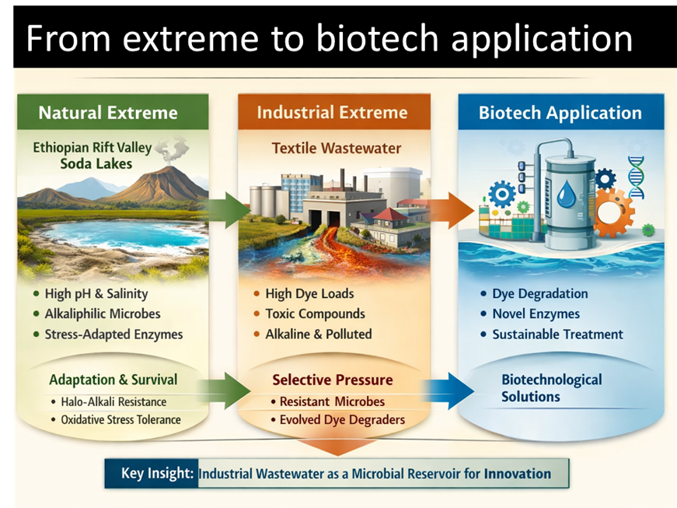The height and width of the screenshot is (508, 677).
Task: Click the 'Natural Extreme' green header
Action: [x=108, y=113]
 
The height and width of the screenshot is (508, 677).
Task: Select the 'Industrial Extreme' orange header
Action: [x=332, y=112]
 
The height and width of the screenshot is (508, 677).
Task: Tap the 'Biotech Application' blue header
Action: [x=560, y=113]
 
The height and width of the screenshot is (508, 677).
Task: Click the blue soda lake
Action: [x=117, y=233]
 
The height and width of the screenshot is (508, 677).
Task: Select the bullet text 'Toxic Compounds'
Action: [x=315, y=314]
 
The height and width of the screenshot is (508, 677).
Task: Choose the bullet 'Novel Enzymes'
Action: [x=536, y=314]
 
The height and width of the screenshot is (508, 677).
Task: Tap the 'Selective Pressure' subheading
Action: [x=332, y=380]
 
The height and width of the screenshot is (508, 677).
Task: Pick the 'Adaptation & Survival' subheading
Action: [x=113, y=380]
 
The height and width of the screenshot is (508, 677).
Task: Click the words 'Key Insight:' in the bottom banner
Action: [x=157, y=473]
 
